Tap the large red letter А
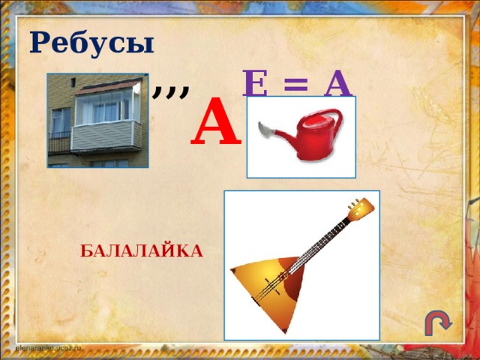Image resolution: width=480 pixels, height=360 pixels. pos(215,122)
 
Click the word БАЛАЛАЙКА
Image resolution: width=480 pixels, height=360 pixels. pos(142,250)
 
